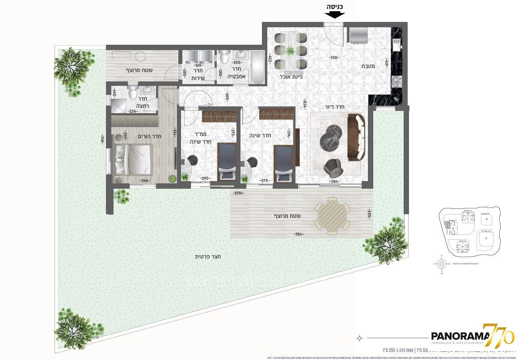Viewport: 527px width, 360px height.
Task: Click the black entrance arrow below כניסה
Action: click(334, 14)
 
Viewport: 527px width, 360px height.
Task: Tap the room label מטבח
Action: click(368, 66)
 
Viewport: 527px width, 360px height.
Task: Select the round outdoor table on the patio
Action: click(332, 216)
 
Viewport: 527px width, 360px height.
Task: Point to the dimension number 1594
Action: click(239, 193)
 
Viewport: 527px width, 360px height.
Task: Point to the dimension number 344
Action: click(144, 181)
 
